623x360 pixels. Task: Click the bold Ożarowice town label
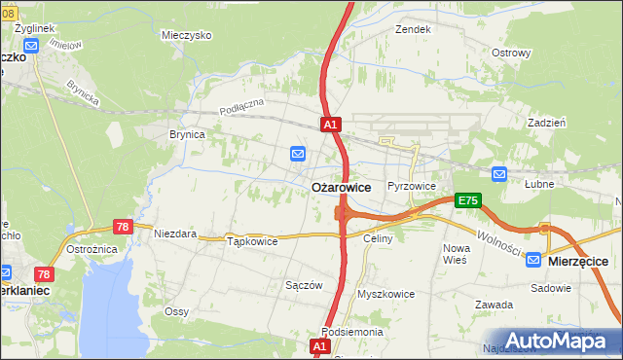pyautogui.click(x=340, y=187)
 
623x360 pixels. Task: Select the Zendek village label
pyautogui.click(x=413, y=29)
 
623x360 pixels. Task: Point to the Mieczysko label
pyautogui.click(x=187, y=34)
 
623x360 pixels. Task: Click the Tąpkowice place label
pyautogui.click(x=252, y=240)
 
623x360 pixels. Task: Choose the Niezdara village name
pyautogui.click(x=175, y=234)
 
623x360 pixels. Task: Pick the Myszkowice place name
pyautogui.click(x=386, y=293)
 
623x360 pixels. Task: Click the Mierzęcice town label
pyautogui.click(x=578, y=261)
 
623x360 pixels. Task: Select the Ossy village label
pyautogui.click(x=176, y=311)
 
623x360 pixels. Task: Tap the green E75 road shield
pyautogui.click(x=468, y=200)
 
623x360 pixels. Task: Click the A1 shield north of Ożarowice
pyautogui.click(x=331, y=125)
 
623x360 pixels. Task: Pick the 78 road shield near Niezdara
pyautogui.click(x=123, y=226)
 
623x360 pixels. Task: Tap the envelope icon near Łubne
pyautogui.click(x=499, y=174)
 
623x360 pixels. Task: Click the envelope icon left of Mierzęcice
pyautogui.click(x=532, y=260)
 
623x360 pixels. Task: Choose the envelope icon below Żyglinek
pyautogui.click(x=31, y=46)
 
